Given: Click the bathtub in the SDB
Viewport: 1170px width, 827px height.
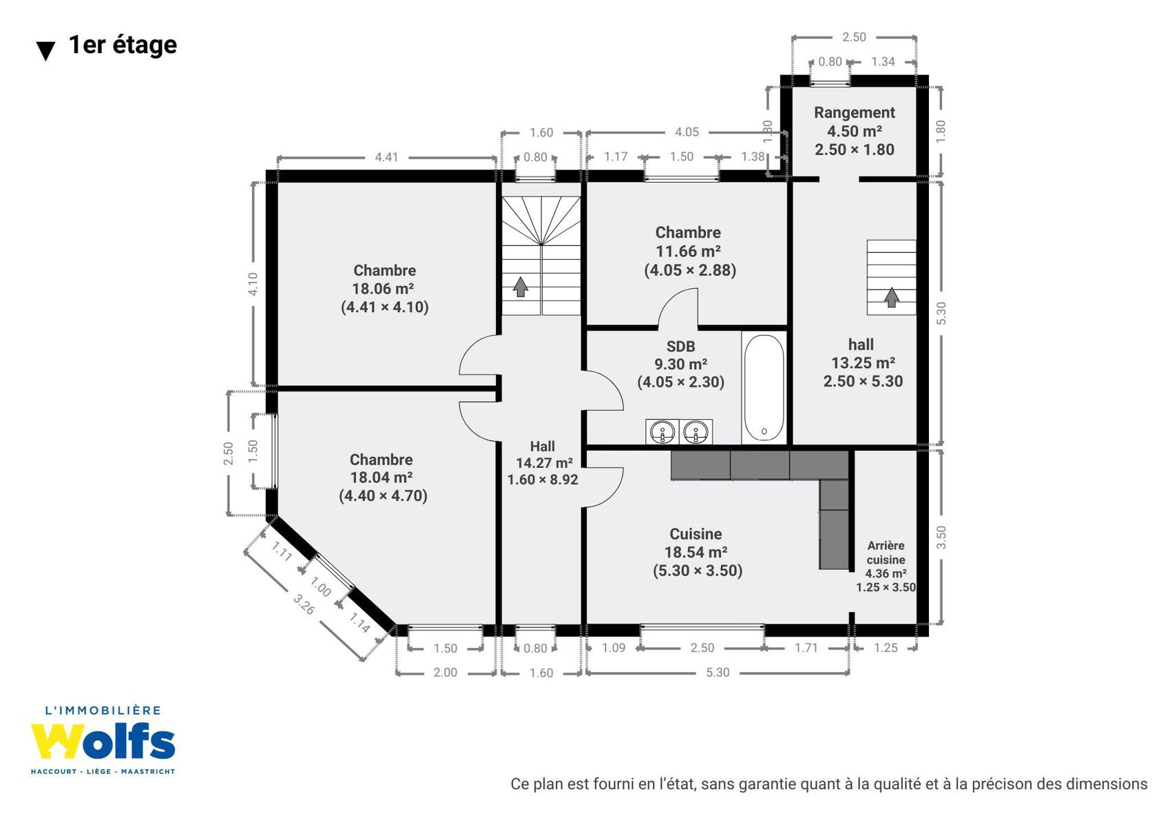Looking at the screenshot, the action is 764,388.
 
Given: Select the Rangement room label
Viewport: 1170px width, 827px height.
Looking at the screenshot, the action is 855,112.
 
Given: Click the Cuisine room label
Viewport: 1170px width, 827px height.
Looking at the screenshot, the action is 696,533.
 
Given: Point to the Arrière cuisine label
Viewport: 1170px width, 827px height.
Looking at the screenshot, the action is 886,553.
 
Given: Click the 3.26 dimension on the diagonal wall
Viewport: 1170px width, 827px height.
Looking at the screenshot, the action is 304,604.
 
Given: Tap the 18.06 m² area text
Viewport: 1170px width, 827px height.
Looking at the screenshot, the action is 383,289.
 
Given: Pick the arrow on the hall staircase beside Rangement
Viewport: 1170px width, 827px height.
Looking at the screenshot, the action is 892,298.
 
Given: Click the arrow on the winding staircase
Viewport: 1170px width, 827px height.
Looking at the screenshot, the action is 520,287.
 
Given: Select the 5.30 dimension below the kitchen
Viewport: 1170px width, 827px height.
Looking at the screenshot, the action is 718,672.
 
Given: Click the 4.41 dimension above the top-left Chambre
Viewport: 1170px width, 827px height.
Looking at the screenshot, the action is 386,157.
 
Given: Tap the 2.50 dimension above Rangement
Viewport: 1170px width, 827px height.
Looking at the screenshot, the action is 854,37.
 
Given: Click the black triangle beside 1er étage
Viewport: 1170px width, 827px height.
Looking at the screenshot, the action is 46,51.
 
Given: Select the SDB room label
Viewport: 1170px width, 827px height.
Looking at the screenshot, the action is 680,346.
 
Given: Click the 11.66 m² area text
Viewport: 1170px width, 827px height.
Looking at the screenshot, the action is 688,252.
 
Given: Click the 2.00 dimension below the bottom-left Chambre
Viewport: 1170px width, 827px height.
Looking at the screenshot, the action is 445,672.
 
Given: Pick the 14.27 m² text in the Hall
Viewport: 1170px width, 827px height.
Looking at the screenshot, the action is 544,462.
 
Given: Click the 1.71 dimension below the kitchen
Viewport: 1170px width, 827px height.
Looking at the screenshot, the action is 806,648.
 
